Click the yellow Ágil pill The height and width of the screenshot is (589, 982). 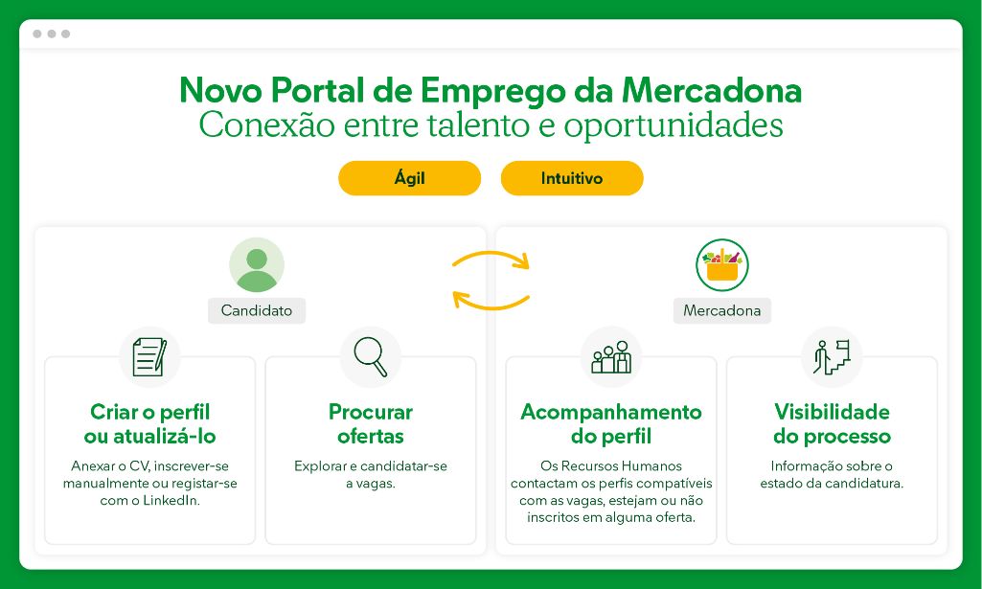pos(410,178)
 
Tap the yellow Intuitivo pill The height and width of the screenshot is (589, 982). pos(572,178)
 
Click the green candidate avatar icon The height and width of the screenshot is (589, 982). pos(257,264)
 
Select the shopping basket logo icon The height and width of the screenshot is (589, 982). pos(722,264)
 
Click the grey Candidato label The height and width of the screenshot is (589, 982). pos(257,310)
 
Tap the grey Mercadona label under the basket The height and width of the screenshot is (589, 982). pos(722,310)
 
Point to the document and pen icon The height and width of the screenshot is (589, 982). pos(149,357)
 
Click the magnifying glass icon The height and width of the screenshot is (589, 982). pos(371,357)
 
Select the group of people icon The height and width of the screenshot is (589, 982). pos(611,357)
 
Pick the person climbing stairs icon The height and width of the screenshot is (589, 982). pos(832,357)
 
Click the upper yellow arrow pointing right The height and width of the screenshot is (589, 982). pos(491,256)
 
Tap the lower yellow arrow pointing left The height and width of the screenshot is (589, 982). pos(491,304)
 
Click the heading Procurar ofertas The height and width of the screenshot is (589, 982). pos(371,423)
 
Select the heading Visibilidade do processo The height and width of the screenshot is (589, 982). pos(832,423)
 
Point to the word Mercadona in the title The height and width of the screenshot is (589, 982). pos(712,90)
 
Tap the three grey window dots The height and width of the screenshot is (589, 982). pos(52,34)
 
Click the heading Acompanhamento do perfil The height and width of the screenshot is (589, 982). pos(611,423)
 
